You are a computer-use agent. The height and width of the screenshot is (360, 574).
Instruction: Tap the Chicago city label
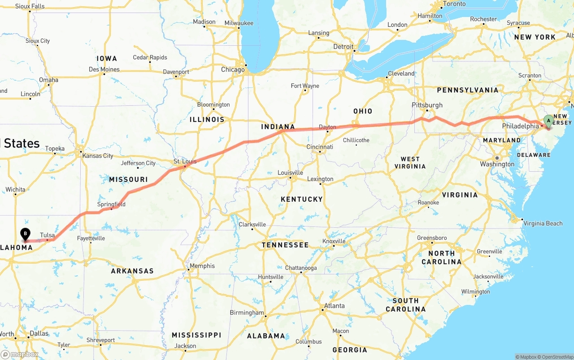233,69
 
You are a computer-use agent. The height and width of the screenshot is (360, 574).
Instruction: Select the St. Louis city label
185,161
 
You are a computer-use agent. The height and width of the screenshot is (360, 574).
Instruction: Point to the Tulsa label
47,235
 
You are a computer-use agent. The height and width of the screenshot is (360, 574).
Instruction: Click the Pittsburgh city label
427,105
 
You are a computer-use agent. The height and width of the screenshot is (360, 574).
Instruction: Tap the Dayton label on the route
327,127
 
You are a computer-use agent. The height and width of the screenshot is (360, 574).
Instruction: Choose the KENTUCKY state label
301,199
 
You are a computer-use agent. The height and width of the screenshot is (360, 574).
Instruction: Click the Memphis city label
202,266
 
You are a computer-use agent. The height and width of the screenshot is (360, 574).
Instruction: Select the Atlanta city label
334,306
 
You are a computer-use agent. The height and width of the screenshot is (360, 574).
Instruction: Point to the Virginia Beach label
543,223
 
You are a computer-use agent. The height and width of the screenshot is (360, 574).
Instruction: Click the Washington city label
497,164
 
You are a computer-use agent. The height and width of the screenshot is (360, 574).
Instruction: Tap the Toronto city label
454,4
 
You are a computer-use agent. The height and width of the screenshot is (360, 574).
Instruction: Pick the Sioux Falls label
30,6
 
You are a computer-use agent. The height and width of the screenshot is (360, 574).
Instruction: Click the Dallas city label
39,334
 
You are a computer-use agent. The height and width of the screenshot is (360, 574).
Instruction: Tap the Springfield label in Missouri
111,204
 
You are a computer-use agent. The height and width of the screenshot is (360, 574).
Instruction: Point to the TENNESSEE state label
285,245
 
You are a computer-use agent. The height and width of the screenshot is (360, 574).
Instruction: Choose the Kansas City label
97,156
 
